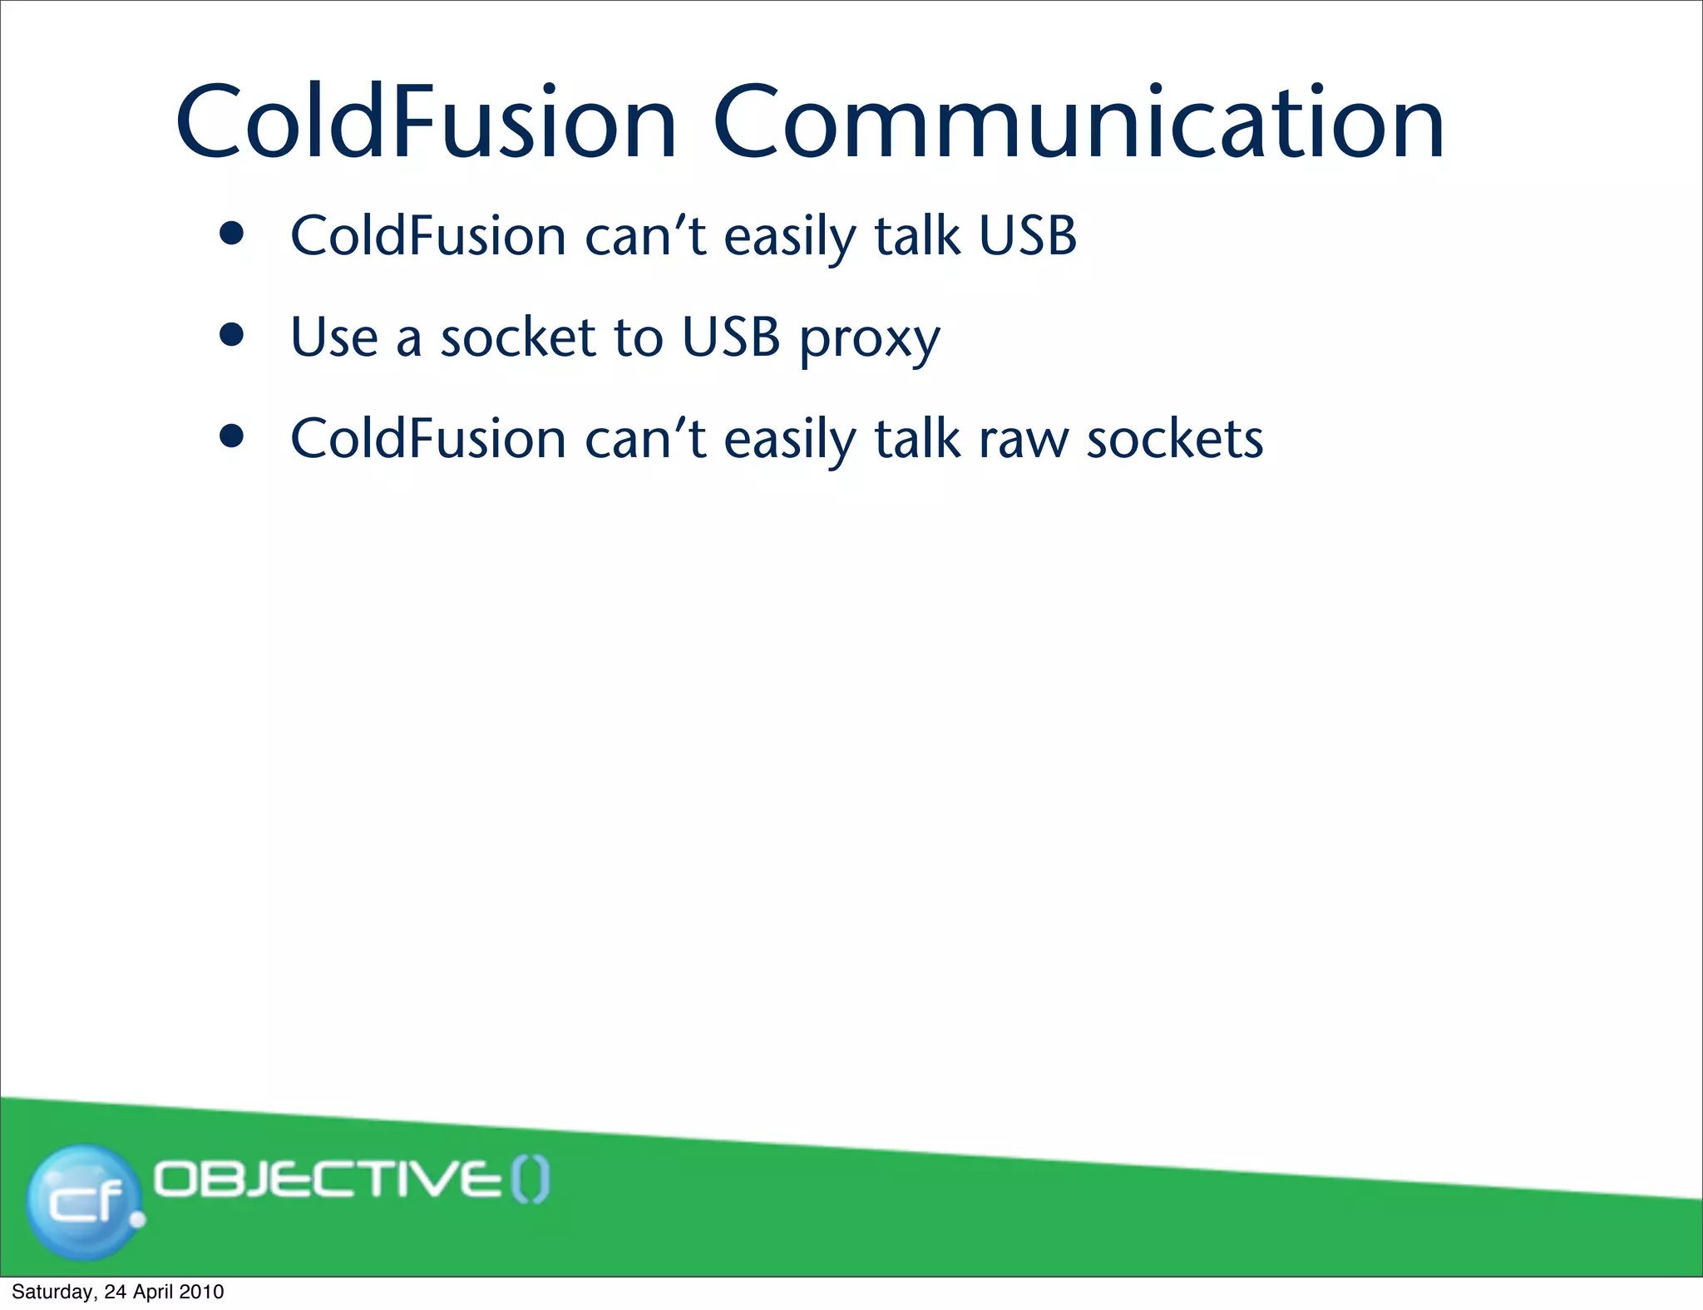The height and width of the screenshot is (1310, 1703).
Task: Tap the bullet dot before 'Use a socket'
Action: point(232,335)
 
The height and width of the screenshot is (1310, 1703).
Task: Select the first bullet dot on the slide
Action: point(232,234)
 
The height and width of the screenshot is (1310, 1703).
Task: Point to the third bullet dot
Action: point(232,436)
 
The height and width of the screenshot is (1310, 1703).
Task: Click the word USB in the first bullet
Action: point(1027,236)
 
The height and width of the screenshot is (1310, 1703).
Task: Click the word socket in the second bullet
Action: point(517,338)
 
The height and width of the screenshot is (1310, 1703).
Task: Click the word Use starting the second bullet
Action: point(333,338)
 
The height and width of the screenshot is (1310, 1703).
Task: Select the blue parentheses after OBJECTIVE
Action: point(530,1180)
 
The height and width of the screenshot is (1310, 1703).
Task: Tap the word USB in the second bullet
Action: point(730,338)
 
